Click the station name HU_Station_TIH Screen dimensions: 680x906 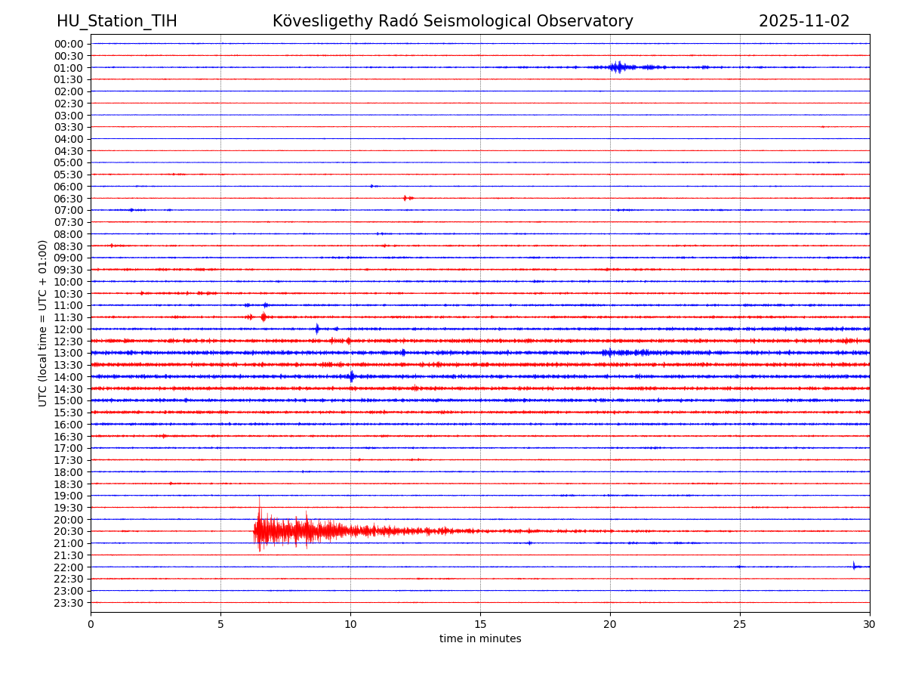pos(117,21)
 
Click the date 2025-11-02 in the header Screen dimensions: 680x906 pos(804,21)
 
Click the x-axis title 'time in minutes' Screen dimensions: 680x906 pos(480,639)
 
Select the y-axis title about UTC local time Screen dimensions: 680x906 pos(43,323)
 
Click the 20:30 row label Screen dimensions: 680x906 pos(69,531)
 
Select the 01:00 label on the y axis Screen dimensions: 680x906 pos(69,67)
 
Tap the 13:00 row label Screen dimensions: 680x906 pos(69,353)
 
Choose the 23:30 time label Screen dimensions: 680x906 pos(69,602)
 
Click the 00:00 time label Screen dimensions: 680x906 pos(69,44)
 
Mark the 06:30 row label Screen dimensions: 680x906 pos(69,198)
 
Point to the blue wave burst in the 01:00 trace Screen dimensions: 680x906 pos(618,67)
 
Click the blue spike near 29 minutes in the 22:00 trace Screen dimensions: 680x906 pos(854,566)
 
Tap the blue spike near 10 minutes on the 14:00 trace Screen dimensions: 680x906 pos(351,376)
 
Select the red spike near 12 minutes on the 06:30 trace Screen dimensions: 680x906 pos(405,198)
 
